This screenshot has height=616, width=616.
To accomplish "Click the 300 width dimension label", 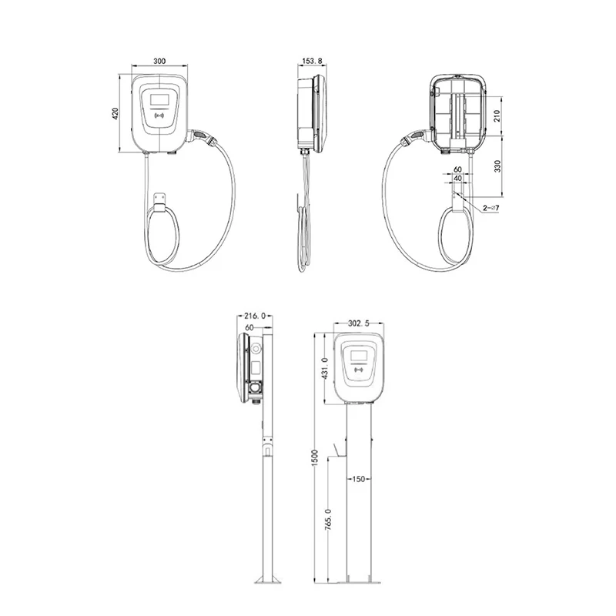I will click(159, 61).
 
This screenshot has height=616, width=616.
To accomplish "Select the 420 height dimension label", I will click(116, 113).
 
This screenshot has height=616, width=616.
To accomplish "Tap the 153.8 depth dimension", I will click(312, 61).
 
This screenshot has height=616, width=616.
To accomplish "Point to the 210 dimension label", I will click(498, 116).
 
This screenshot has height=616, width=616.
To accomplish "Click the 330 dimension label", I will click(498, 166).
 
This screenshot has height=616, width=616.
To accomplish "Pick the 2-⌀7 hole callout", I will click(490, 208).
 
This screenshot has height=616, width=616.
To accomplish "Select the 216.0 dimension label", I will click(254, 316).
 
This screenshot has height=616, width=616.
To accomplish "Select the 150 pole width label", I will click(357, 479).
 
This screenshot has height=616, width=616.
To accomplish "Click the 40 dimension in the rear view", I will click(458, 178).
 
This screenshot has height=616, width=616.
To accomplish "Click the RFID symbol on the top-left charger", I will click(160, 119).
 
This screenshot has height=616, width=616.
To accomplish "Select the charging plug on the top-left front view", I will click(203, 136).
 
